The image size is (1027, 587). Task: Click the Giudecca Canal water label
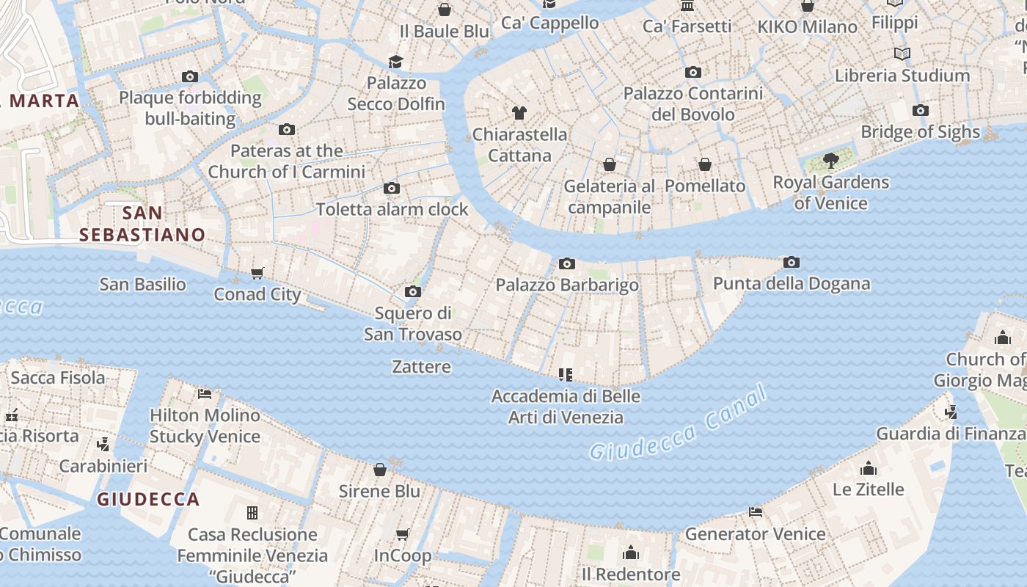(x=679, y=424)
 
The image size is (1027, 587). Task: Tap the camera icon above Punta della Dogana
(x=791, y=262)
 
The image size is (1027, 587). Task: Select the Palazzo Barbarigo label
(x=567, y=285)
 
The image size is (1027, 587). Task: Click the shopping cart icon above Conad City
(x=257, y=273)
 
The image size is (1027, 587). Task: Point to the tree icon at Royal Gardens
(x=830, y=160)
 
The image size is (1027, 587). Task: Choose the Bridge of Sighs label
(x=920, y=132)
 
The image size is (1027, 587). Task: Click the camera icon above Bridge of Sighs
(x=920, y=111)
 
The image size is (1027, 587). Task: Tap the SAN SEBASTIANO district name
(x=142, y=224)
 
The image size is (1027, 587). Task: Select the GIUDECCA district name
(x=148, y=500)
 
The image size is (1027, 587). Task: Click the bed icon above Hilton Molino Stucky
(x=205, y=394)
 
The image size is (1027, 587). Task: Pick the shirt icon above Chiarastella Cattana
(x=519, y=113)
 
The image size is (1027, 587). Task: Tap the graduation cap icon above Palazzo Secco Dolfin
(x=396, y=62)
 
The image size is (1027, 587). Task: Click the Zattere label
(x=421, y=366)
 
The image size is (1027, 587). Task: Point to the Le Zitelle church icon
(x=869, y=468)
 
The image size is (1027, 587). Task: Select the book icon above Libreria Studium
(x=902, y=54)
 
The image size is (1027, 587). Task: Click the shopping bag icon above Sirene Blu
(x=380, y=470)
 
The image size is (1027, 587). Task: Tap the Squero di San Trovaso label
(x=413, y=324)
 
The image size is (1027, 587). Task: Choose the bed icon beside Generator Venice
(x=756, y=512)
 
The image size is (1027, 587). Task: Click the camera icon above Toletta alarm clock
(x=392, y=188)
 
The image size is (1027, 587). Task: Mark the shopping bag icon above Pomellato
(x=704, y=164)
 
